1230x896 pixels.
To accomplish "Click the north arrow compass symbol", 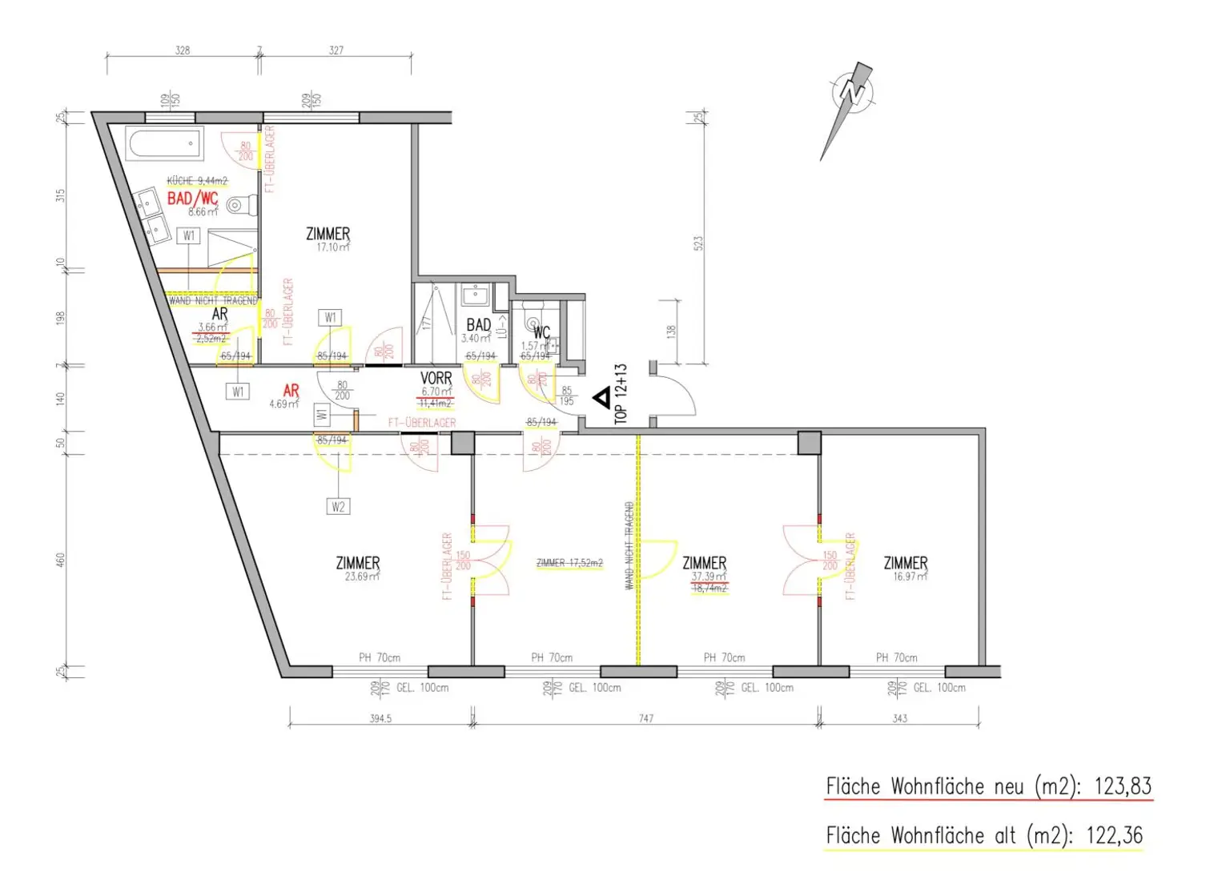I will pos(850,94).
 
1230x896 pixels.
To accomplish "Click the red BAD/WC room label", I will pos(192,198).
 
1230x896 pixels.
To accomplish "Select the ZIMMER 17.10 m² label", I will pos(328,234).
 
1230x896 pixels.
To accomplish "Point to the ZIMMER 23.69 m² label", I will pos(358,563).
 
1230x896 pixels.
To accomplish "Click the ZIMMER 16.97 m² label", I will pos(906,563).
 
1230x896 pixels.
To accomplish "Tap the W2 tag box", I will pos(338,507).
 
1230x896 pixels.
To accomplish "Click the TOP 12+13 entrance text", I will pos(621,393).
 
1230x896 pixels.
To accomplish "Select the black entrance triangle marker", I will pos(601,397).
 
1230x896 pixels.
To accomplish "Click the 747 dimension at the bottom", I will pos(646,718).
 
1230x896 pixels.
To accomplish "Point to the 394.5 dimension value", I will pos(380,718).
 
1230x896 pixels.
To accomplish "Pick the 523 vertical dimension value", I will pos(697,243).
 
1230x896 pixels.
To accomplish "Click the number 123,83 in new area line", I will pos(1123,786).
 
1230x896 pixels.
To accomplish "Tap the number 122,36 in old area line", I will pos(1114,835).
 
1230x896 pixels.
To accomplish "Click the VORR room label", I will pos(436,378).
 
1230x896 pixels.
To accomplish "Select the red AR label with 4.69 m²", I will pos(291,391).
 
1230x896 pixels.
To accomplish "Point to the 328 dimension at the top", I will pos(183,50).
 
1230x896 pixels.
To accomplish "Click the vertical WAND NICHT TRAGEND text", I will pos(629,546).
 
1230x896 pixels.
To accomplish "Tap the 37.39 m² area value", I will pos(709,577).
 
